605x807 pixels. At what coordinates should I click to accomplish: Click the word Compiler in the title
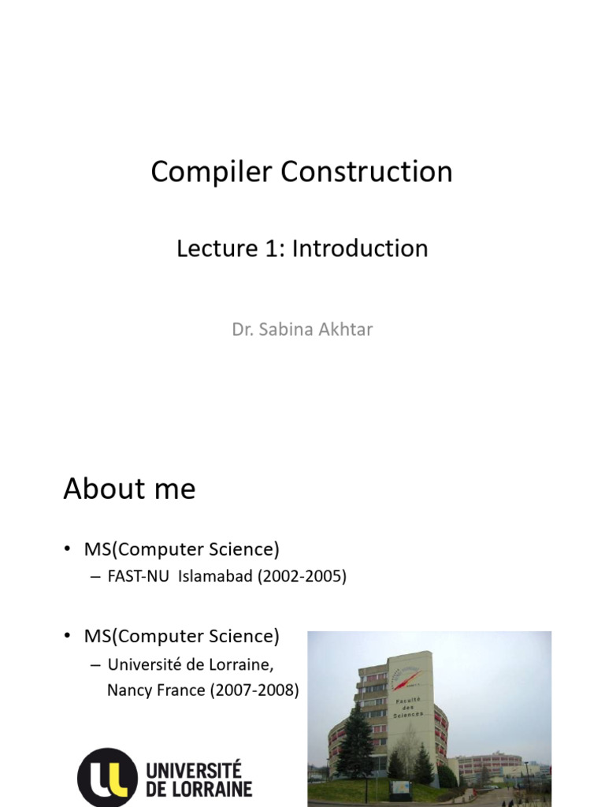(211, 173)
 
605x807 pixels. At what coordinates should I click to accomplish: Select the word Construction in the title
(367, 171)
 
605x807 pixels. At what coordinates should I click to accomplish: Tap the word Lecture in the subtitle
(217, 248)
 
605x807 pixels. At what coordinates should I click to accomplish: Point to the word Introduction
(360, 248)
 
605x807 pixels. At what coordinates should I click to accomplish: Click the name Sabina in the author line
(286, 329)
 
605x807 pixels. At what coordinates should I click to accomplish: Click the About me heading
(130, 489)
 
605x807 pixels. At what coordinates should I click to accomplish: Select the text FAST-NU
(139, 576)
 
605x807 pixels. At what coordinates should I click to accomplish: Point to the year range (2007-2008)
(254, 690)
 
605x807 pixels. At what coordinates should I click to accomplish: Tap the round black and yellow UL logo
(107, 778)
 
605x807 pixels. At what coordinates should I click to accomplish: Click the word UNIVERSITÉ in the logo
(194, 770)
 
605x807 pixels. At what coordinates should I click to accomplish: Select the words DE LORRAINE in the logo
(199, 789)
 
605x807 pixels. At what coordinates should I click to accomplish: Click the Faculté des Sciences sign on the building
(409, 707)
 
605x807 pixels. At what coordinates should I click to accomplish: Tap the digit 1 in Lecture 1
(271, 248)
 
